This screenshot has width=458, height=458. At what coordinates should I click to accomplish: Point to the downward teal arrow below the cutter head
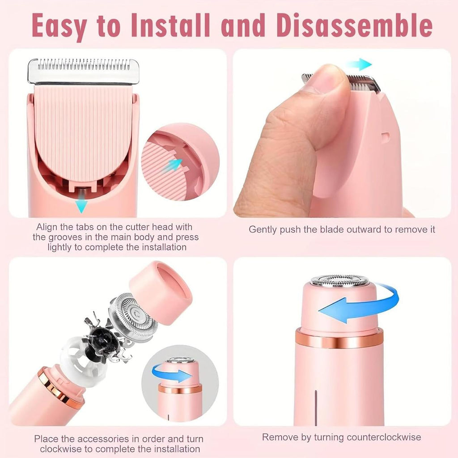[x=81, y=205]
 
